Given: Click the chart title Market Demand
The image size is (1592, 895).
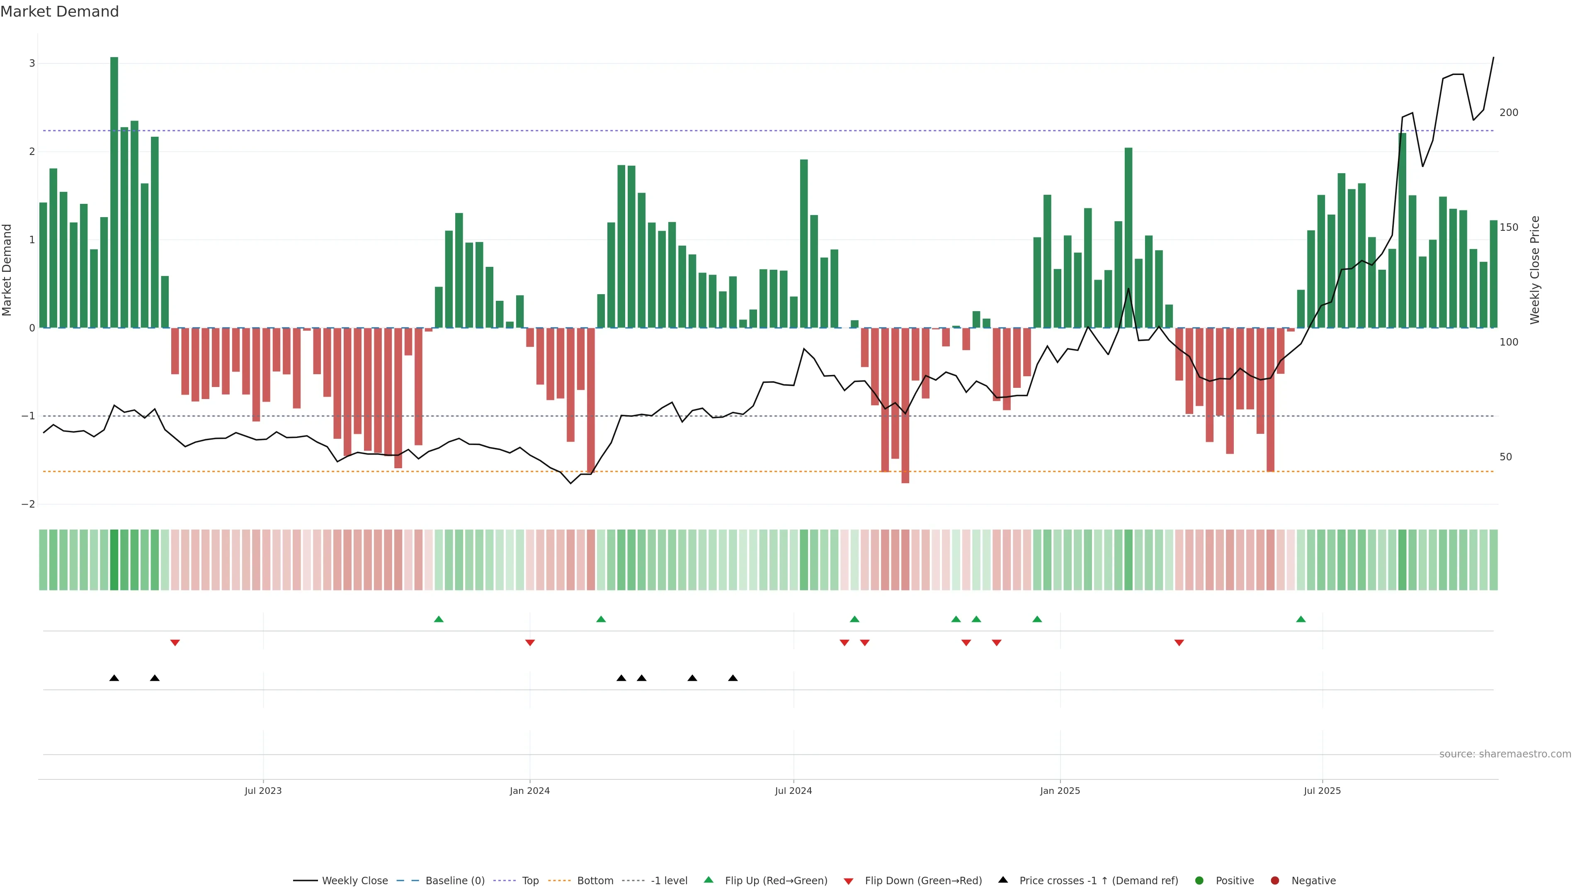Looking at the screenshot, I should point(59,12).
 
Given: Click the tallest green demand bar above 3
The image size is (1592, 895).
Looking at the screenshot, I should point(114,191).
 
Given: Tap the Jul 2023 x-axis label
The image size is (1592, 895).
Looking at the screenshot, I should point(263,791).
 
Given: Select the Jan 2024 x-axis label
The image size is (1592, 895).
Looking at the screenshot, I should point(530,791).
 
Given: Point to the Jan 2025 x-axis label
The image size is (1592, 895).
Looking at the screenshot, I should point(1060,791).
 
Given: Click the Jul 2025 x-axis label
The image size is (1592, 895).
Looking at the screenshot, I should point(1322,791).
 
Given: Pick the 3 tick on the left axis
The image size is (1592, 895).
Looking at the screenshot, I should point(32,64).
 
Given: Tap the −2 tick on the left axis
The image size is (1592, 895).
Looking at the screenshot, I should point(29,504).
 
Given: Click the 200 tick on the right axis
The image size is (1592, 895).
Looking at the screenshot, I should point(1509,112).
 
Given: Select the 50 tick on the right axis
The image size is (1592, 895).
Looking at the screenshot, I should point(1505,457).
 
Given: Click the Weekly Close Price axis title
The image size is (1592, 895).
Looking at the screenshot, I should point(1535,270).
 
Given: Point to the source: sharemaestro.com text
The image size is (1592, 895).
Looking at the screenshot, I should point(1505,754).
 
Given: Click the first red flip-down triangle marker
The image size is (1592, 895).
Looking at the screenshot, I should point(175,643).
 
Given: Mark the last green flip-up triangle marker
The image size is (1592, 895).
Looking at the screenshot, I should point(1301,619).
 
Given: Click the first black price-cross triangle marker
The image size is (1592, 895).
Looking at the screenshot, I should point(114,678).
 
